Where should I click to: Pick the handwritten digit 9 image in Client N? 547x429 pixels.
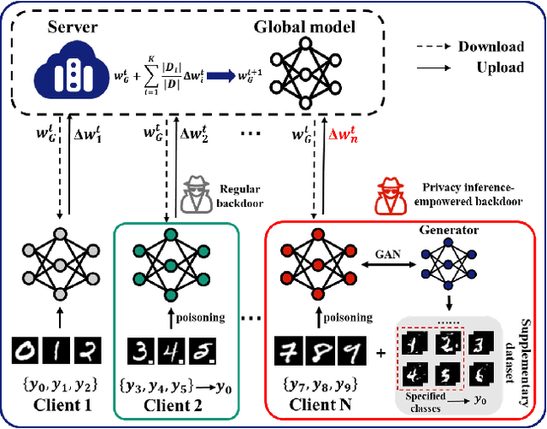[x=352, y=350]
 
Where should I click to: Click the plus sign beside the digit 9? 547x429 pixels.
[x=380, y=350]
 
